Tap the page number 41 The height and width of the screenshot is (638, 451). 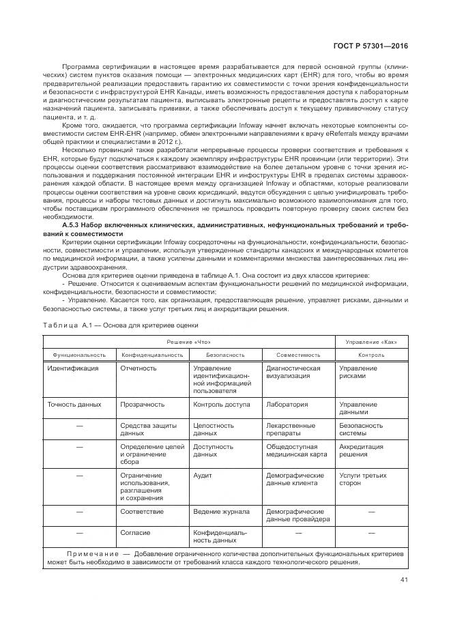coord(404,581)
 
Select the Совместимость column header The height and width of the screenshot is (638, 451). coord(298,355)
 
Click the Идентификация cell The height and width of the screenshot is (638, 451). coord(73,368)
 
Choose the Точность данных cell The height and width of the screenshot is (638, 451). coord(74,405)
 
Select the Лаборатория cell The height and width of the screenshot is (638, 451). coord(287,405)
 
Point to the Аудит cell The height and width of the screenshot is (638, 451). coord(202,475)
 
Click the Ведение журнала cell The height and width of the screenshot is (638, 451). coord(221,511)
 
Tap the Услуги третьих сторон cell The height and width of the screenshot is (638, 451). coord(360,478)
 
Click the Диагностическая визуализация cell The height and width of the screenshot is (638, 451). coord(293,372)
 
